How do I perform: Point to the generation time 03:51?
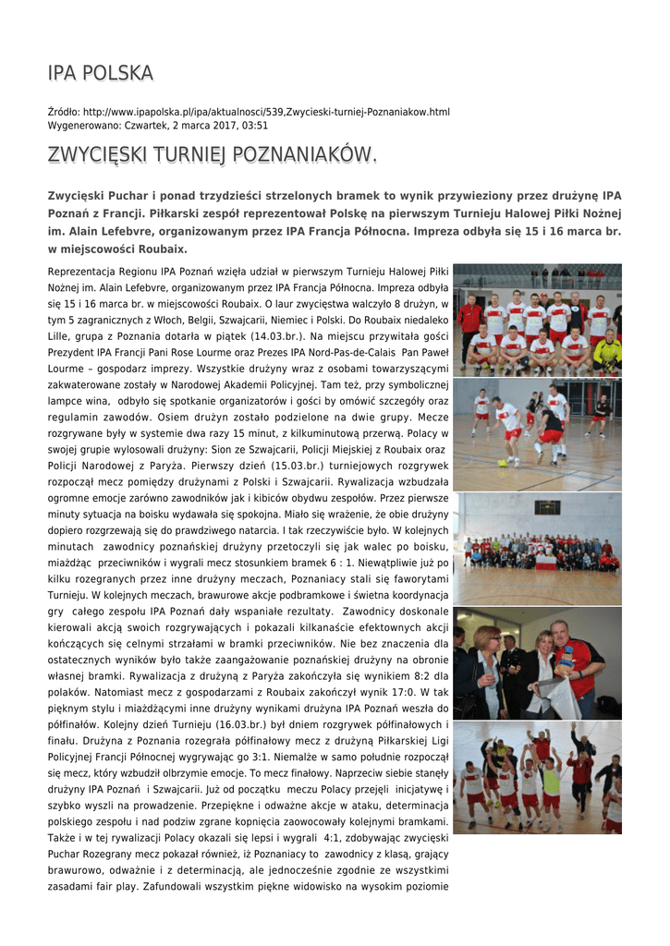254,126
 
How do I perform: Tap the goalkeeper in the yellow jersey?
608,349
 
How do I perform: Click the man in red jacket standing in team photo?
470,319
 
